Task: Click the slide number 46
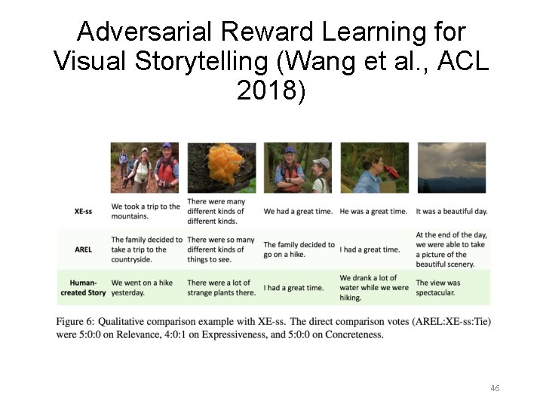click(x=495, y=388)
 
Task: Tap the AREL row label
click(x=84, y=249)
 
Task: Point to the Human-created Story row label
click(x=82, y=287)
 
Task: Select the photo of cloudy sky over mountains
click(x=451, y=167)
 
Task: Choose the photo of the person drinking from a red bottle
click(x=375, y=167)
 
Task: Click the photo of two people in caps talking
click(x=298, y=167)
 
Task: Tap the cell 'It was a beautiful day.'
click(x=452, y=212)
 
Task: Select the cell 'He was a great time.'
click(x=373, y=212)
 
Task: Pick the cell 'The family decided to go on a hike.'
click(x=299, y=249)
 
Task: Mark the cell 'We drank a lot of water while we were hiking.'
click(x=374, y=288)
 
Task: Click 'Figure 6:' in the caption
click(x=74, y=322)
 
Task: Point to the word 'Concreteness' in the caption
click(x=354, y=334)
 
